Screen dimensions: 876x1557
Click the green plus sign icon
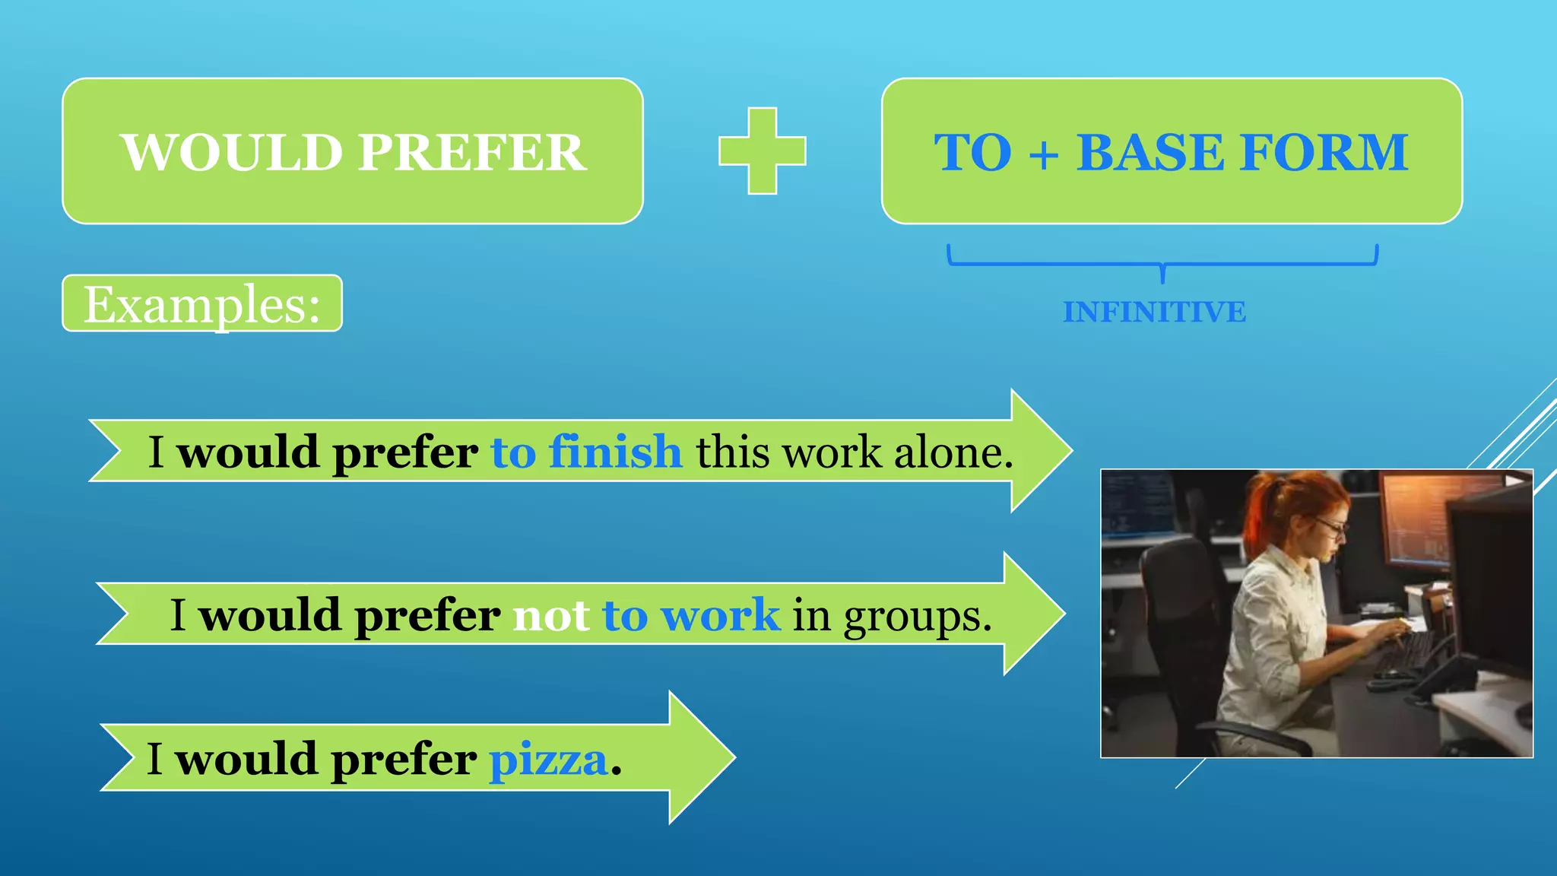tap(762, 151)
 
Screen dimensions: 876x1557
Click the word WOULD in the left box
tap(232, 153)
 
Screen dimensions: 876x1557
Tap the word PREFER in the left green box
tap(471, 153)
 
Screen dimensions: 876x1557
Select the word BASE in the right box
tap(1150, 153)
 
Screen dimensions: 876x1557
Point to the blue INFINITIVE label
tap(1154, 312)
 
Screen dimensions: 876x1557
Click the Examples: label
tap(201, 304)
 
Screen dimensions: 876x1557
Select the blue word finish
tap(615, 452)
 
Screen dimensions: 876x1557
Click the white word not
tap(550, 614)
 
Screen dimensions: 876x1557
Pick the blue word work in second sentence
tap(720, 614)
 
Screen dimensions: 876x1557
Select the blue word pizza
tap(548, 760)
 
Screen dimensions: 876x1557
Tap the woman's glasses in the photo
tap(1332, 526)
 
